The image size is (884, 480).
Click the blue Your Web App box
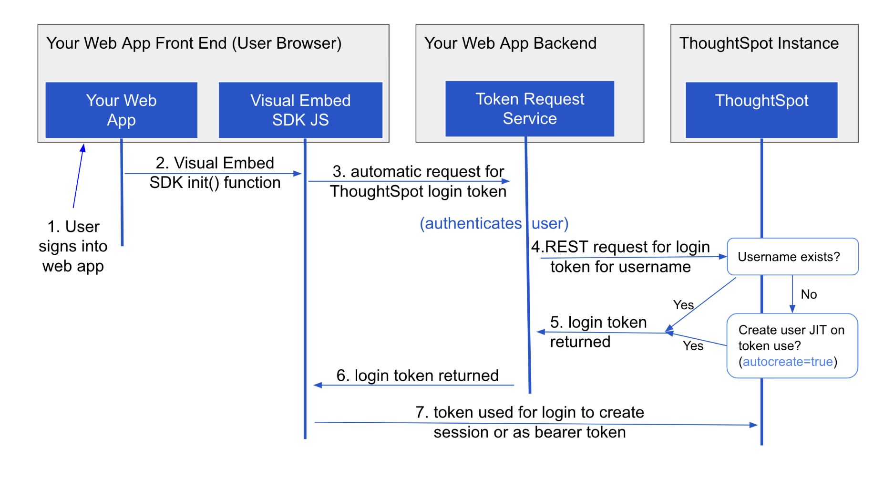tap(121, 110)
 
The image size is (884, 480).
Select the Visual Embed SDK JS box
tap(300, 110)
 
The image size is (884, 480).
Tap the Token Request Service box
tap(529, 109)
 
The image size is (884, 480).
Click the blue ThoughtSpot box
tap(761, 110)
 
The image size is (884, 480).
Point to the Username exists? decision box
tap(792, 257)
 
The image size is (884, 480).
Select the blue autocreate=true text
tap(787, 362)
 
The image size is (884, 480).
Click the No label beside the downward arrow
tap(809, 294)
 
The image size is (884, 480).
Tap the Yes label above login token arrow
tap(683, 305)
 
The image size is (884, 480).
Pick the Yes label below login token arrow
tap(693, 346)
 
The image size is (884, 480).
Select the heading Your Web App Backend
tap(510, 43)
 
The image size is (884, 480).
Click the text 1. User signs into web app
tap(73, 246)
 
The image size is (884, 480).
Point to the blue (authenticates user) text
tap(494, 223)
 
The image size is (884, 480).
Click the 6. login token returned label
tap(417, 376)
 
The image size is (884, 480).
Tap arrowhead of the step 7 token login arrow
tap(754, 425)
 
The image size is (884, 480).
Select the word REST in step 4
tap(566, 247)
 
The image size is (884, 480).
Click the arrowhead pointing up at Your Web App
tap(83, 148)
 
